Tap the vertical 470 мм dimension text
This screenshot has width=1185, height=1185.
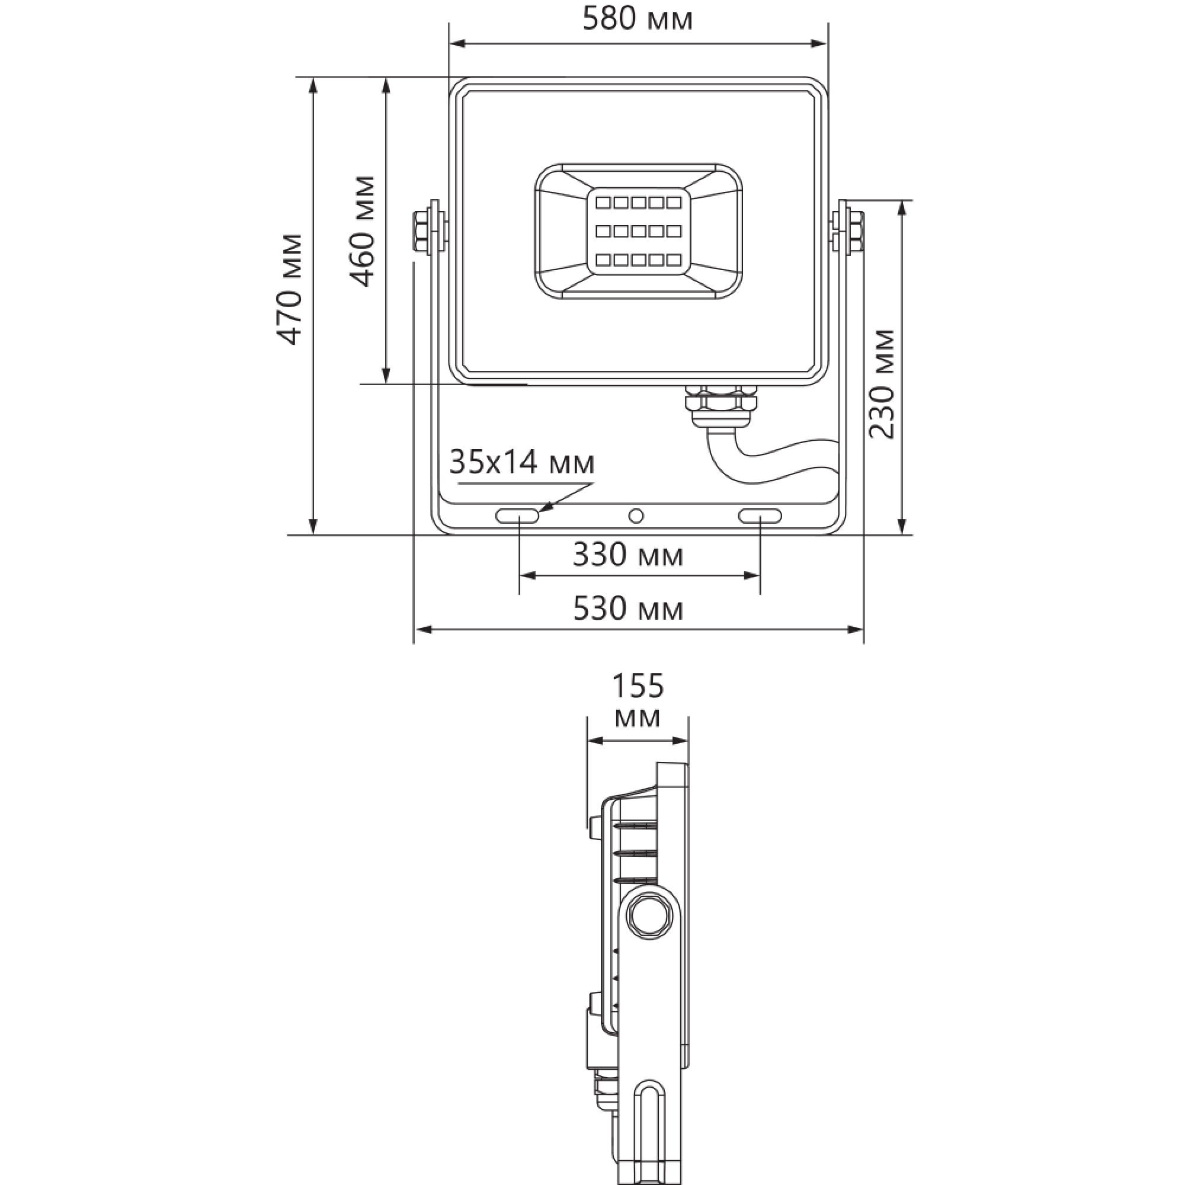tap(289, 290)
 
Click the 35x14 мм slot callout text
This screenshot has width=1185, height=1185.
tap(521, 463)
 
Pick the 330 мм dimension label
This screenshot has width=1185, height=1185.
tap(627, 556)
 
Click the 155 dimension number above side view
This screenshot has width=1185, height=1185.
tap(638, 686)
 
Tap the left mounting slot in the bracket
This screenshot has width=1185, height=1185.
tap(517, 516)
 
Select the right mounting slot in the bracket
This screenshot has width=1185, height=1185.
tap(760, 516)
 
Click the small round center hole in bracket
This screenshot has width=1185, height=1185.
tap(636, 516)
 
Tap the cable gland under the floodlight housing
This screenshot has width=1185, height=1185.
tap(720, 405)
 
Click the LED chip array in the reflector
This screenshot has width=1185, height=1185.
tap(638, 231)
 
